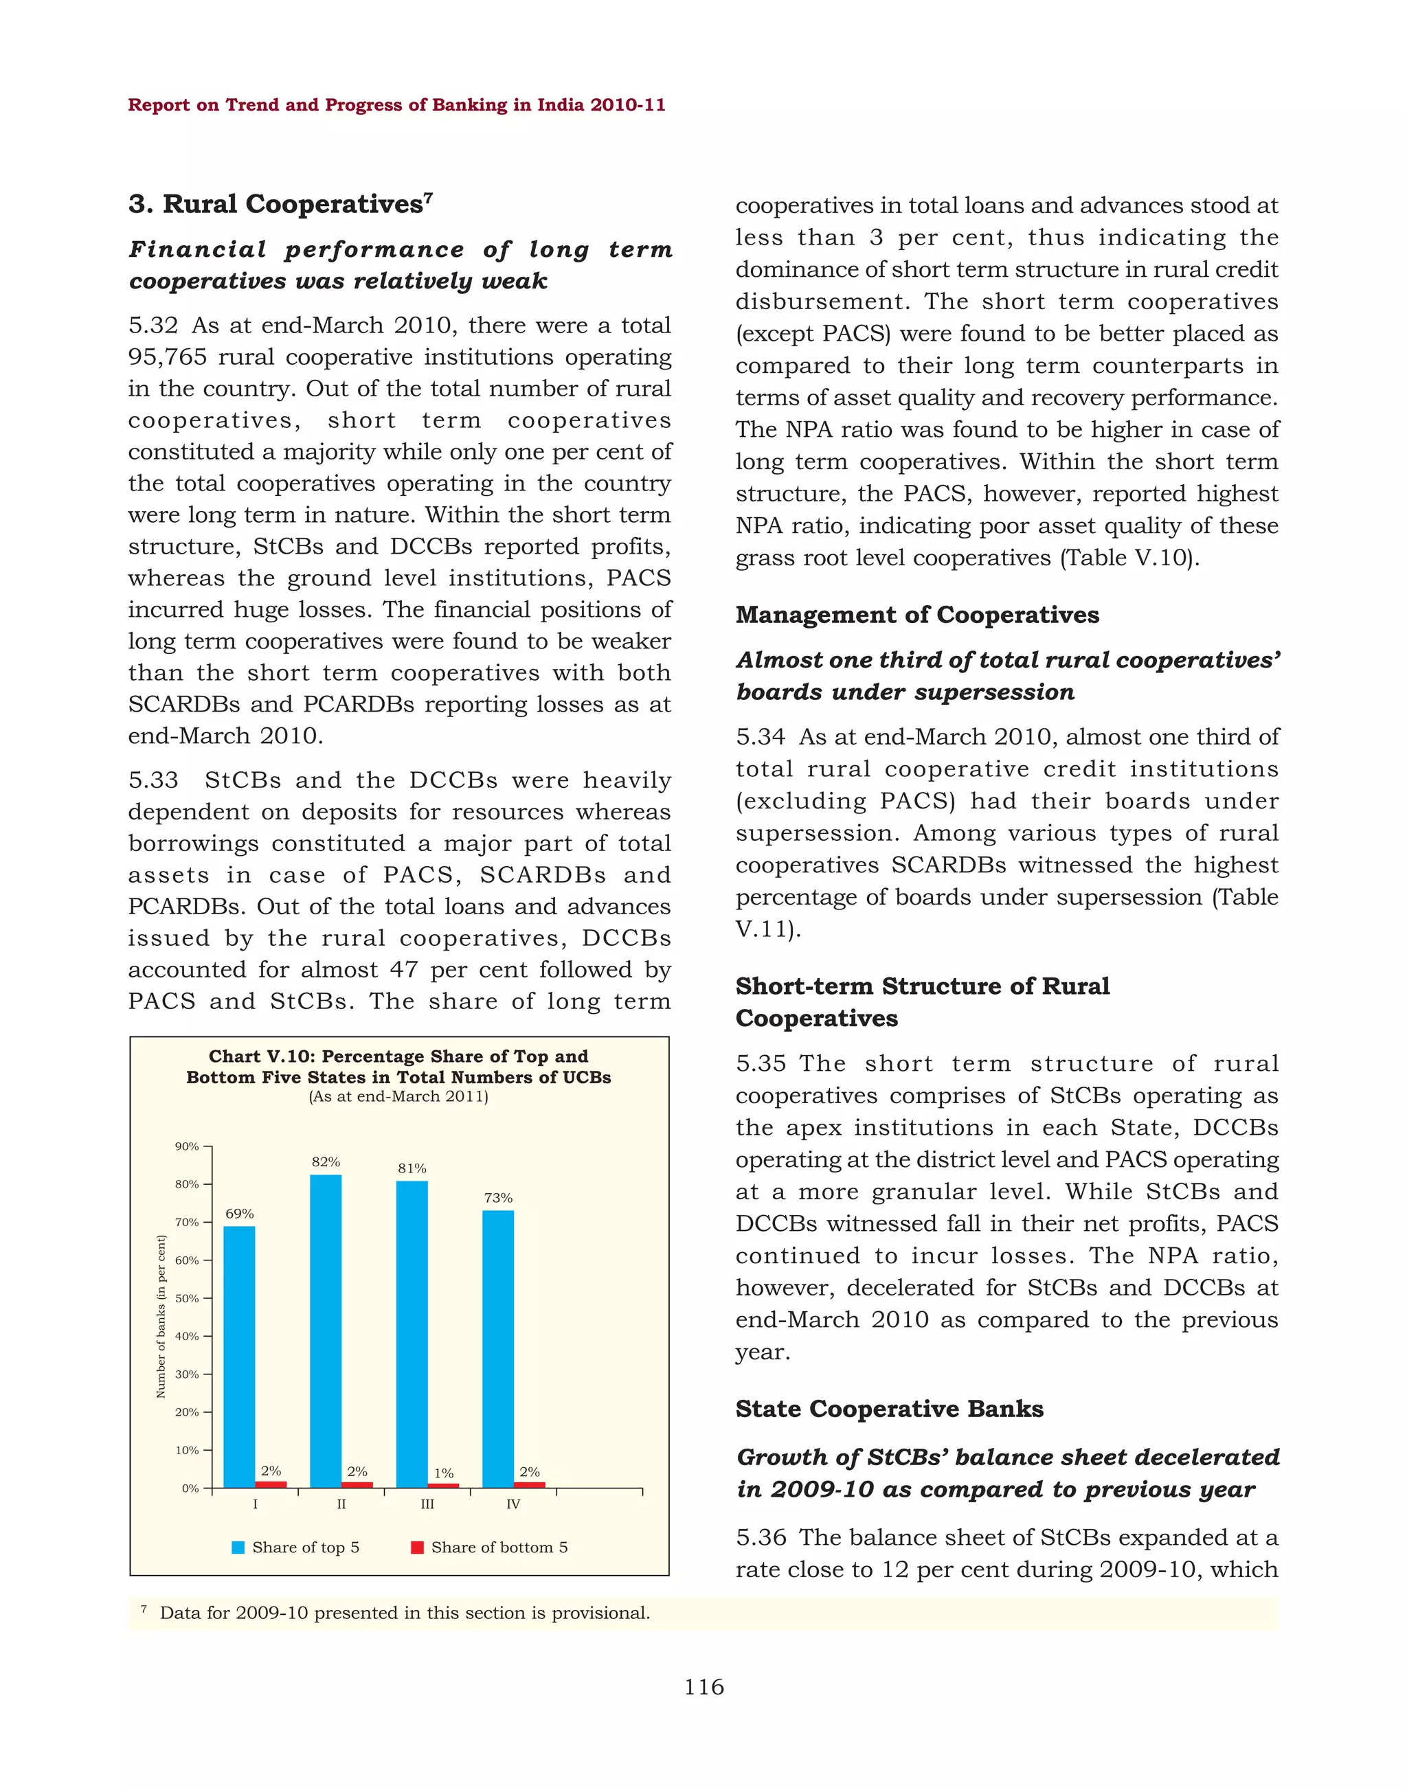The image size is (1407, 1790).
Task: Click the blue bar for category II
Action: (x=326, y=1330)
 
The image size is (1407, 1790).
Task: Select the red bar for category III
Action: (x=443, y=1485)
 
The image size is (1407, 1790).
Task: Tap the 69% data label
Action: (x=240, y=1214)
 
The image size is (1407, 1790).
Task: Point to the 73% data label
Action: (x=498, y=1198)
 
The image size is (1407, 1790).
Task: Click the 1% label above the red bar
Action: (x=444, y=1473)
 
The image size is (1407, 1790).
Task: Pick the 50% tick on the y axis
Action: (x=188, y=1298)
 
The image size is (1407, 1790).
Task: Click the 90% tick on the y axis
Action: (x=188, y=1146)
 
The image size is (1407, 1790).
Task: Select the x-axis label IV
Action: (x=513, y=1504)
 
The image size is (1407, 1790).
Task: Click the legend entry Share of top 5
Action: (x=297, y=1547)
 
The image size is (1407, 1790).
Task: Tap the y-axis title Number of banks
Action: (x=161, y=1316)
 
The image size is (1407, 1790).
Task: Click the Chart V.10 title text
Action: (x=398, y=1067)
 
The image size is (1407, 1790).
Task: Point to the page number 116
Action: (x=703, y=1687)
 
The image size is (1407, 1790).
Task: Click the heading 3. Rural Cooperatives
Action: (x=280, y=204)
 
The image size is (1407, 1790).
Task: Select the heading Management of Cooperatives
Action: (x=917, y=615)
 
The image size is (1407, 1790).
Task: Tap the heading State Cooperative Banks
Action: (x=889, y=1409)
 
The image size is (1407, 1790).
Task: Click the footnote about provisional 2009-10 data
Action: (x=404, y=1613)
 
